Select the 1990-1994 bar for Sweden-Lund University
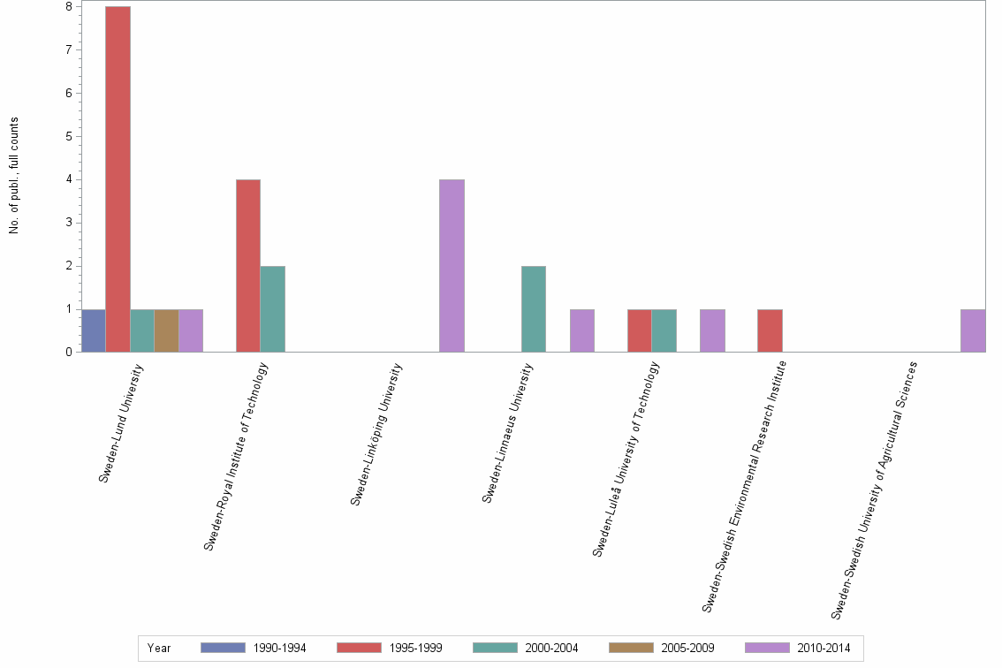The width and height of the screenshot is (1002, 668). point(93,330)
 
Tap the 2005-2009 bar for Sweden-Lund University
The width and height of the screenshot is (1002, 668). point(166,330)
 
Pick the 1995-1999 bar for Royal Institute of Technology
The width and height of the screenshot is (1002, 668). point(247,266)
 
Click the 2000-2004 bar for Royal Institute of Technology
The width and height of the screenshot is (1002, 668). point(272,309)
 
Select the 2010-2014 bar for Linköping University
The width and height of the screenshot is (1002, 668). point(452,266)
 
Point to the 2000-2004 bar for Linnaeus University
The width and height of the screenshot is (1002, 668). point(533,309)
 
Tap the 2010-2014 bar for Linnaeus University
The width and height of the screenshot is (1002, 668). point(581,330)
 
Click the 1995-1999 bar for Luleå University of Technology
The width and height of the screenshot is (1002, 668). point(639,330)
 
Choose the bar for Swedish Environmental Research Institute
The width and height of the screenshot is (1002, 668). point(770,330)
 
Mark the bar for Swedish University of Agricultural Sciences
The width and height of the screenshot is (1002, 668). point(973,330)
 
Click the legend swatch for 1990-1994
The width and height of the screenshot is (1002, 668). point(223,648)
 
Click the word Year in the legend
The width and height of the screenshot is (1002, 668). point(159,648)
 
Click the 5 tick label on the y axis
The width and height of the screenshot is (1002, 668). point(68,136)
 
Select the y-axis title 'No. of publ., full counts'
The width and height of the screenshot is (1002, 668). point(14,175)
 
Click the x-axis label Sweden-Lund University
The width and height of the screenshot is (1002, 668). point(121,423)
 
